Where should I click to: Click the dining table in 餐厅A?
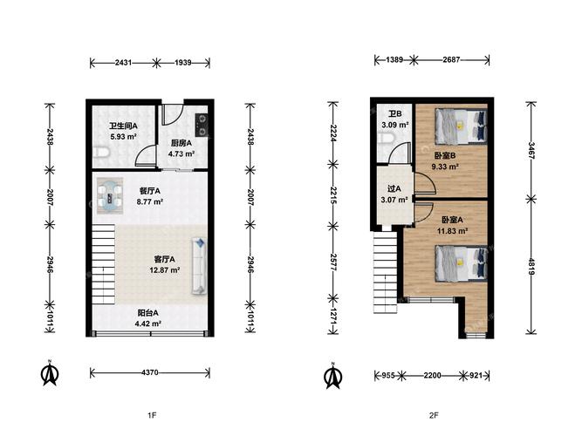(110, 195)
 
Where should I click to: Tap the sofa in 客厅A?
(199, 267)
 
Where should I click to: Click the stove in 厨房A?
(202, 126)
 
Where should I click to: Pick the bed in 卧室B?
(461, 126)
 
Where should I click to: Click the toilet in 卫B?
(385, 140)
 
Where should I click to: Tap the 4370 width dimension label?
(150, 372)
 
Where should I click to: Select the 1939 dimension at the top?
(183, 62)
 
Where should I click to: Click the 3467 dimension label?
(531, 150)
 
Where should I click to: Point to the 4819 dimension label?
(531, 267)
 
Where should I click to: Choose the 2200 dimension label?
(433, 375)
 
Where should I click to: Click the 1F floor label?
(152, 415)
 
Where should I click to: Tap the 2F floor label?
(434, 415)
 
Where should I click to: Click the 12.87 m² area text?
(165, 270)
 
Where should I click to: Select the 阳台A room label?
(147, 313)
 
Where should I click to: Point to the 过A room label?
(394, 189)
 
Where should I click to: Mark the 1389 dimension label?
(394, 59)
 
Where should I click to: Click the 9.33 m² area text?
(445, 167)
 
